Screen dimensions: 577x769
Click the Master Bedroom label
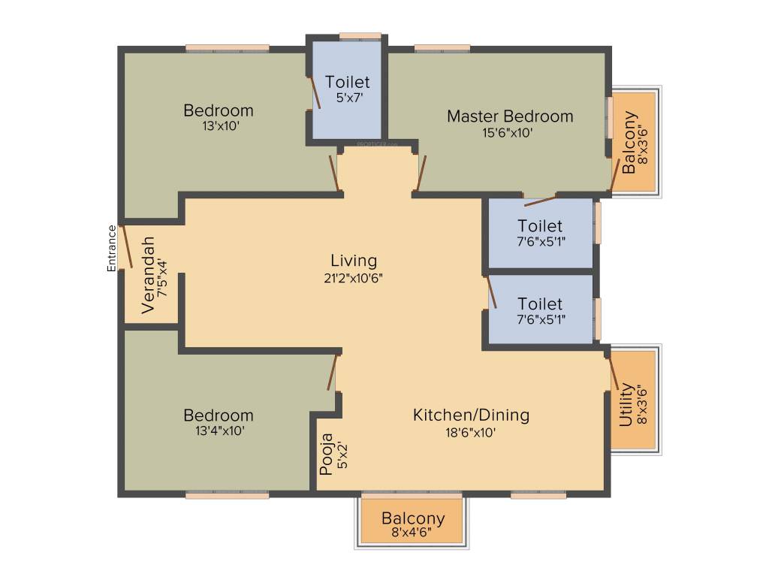(510, 116)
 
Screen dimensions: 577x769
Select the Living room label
(354, 261)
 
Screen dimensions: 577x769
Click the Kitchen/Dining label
(471, 415)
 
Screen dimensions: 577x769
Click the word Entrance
(112, 248)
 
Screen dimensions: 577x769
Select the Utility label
(626, 405)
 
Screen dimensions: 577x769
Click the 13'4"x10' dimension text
(219, 431)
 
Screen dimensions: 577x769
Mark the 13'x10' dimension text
(219, 126)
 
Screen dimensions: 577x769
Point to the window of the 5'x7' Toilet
(360, 35)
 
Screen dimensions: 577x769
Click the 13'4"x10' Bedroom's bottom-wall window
(227, 494)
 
